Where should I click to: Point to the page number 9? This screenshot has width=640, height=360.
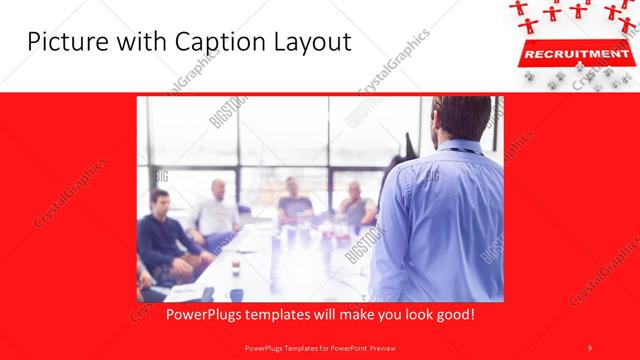click(x=589, y=347)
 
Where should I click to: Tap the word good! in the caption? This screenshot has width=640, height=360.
click(x=452, y=314)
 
